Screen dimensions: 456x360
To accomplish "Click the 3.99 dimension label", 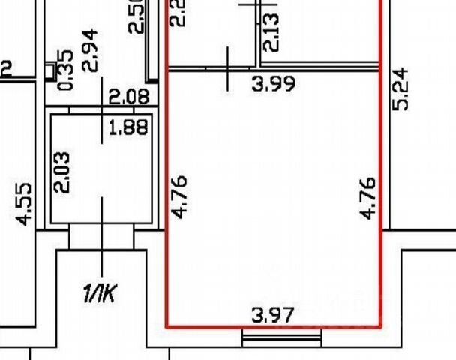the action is (x=274, y=83).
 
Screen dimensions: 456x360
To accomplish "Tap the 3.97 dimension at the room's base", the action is (x=274, y=314).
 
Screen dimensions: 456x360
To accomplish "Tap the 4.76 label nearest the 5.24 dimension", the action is (x=368, y=197).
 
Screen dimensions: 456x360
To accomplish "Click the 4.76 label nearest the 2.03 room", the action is (x=179, y=197).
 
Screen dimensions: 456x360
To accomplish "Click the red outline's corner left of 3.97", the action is (x=166, y=327).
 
